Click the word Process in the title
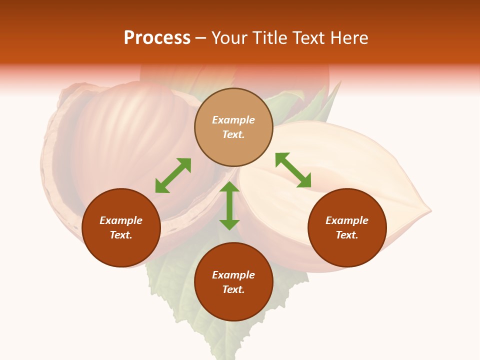click(157, 38)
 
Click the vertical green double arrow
click(229, 205)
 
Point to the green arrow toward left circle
click(173, 175)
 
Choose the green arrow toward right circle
click(293, 170)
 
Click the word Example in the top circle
click(233, 120)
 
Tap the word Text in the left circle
click(121, 235)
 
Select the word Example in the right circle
click(347, 220)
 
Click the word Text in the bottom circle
click(233, 289)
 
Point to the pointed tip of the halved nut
click(429, 210)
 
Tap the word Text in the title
click(310, 38)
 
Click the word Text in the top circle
click(233, 134)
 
